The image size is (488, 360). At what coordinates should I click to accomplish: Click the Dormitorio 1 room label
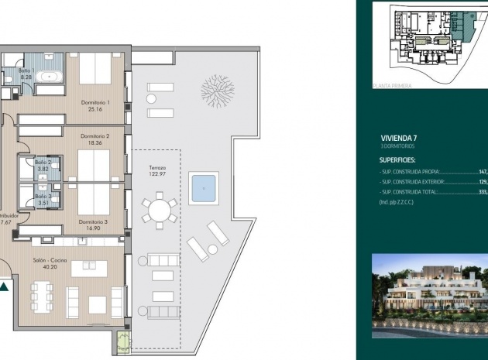95,101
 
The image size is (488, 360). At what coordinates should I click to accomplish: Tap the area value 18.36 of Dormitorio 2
95,143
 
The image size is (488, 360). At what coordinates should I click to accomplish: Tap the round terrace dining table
160,210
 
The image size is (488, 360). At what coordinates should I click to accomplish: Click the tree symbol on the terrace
216,91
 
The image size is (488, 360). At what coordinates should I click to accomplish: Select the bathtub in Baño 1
51,77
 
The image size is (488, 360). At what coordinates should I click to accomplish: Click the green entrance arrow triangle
5,287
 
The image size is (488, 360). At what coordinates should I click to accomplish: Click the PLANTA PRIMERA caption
392,87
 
